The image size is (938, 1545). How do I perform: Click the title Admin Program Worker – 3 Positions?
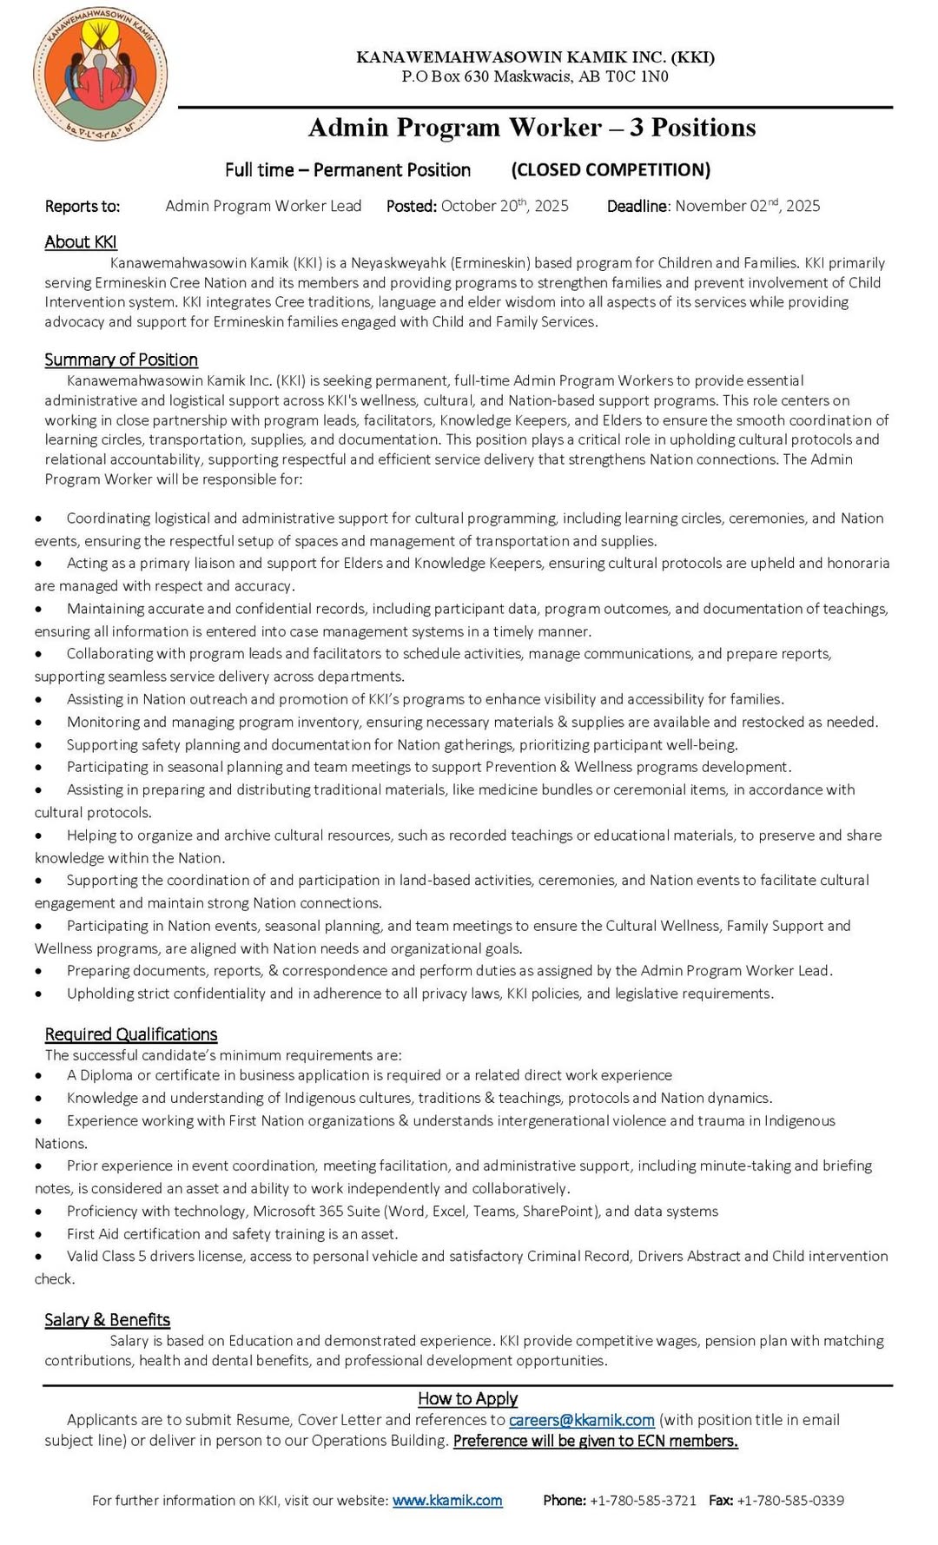tap(532, 128)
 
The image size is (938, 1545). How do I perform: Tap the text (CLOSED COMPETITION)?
tap(611, 169)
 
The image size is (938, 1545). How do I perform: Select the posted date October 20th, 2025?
tap(505, 206)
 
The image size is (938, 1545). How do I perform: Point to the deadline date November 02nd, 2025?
tap(747, 206)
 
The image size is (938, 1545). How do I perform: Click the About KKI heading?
tap(81, 242)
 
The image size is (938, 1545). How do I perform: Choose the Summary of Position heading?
tap(121, 360)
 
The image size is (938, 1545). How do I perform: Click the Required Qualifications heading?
tap(131, 1034)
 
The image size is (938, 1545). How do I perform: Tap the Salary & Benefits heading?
tap(107, 1320)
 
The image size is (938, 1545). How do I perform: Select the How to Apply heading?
tap(467, 1398)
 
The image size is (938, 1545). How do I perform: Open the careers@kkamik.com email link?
tap(581, 1420)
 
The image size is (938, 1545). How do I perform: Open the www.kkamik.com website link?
tap(447, 1500)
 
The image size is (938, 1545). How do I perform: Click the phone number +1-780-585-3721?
tap(643, 1500)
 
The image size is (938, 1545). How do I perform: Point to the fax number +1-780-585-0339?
tap(790, 1500)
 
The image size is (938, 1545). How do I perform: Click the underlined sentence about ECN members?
tap(595, 1441)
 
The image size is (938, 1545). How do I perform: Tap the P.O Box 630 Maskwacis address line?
tap(535, 76)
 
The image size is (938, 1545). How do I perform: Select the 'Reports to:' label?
tap(83, 206)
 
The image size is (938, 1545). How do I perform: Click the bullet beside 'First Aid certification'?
tap(38, 1234)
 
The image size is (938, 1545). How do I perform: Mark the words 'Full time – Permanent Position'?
tap(347, 169)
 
